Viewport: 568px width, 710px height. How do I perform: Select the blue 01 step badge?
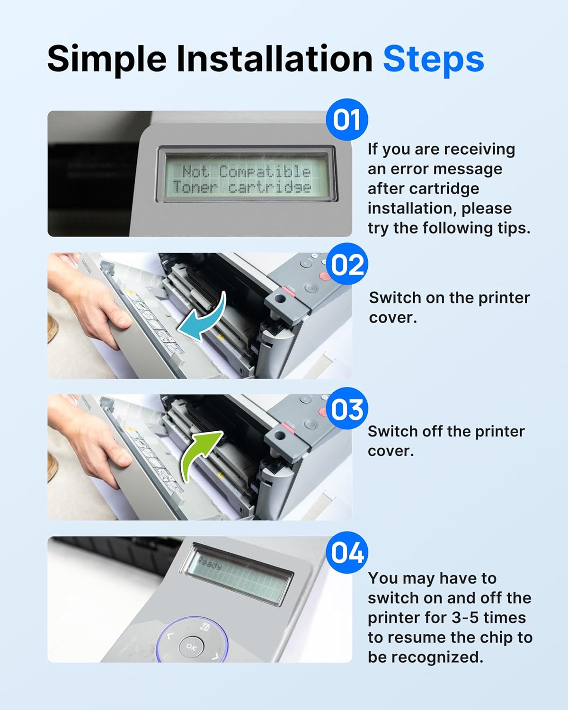[x=347, y=119]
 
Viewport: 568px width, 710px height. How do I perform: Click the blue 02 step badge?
[x=347, y=264]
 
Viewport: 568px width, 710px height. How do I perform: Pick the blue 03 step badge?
[x=347, y=408]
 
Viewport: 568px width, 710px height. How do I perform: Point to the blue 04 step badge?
[x=347, y=553]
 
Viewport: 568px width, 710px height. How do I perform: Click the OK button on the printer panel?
[x=191, y=647]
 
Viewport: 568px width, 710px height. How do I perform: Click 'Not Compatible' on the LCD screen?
[x=246, y=171]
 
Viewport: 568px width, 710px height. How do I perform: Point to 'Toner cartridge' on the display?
[x=242, y=187]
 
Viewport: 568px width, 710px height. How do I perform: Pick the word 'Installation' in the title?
[x=275, y=59]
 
